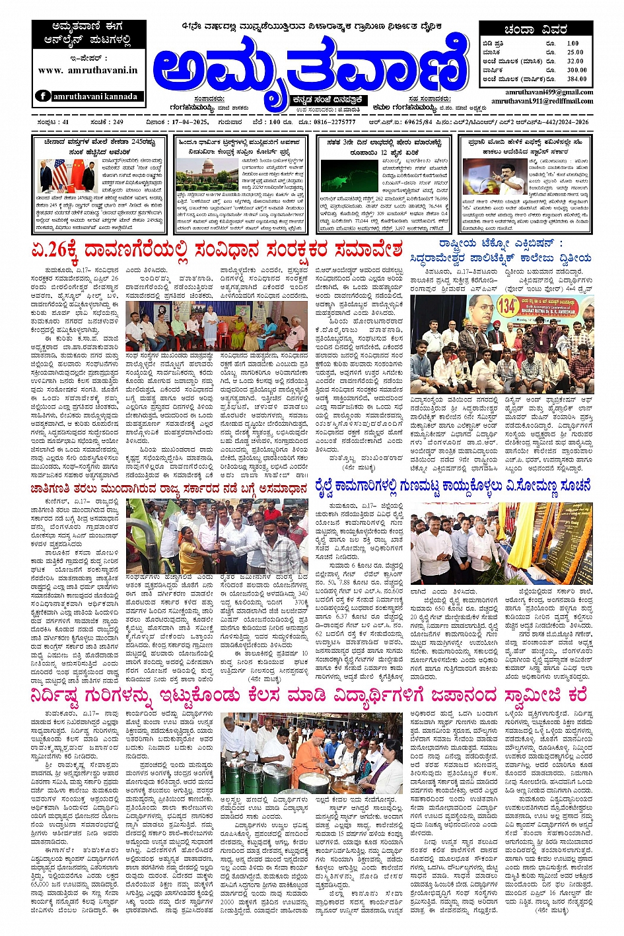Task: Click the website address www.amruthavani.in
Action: tap(88, 70)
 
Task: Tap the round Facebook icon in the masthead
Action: tap(44, 96)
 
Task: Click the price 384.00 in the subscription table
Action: tap(576, 79)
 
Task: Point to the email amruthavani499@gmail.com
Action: tap(549, 92)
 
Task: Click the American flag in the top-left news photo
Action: tap(60, 174)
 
